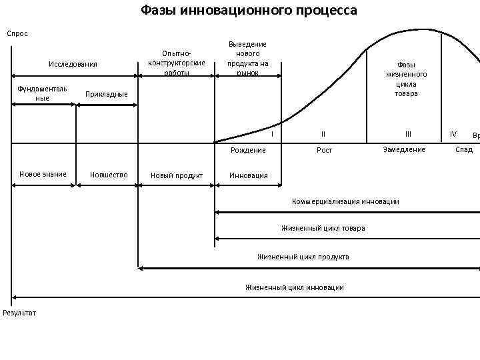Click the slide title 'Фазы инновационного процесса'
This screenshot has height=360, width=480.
pyautogui.click(x=249, y=11)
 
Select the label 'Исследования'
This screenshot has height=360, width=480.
pyautogui.click(x=73, y=64)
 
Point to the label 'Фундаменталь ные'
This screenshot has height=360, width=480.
pyautogui.click(x=43, y=93)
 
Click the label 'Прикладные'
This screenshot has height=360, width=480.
pyautogui.click(x=107, y=94)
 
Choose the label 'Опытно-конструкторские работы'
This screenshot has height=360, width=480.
pyautogui.click(x=177, y=63)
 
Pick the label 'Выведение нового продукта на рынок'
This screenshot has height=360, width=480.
pyautogui.click(x=247, y=58)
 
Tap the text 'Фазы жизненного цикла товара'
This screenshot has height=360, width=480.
pyautogui.click(x=406, y=79)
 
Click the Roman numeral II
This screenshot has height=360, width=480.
pyautogui.click(x=323, y=134)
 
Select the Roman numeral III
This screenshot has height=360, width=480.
pyautogui.click(x=408, y=134)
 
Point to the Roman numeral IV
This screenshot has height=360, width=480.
pyautogui.click(x=453, y=134)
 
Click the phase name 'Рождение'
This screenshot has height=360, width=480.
pyautogui.click(x=248, y=150)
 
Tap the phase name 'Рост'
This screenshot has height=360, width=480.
pyautogui.click(x=324, y=150)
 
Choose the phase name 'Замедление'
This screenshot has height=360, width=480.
pyautogui.click(x=404, y=149)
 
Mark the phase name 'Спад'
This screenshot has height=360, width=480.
pyautogui.click(x=464, y=149)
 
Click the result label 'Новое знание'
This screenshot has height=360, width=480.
pyautogui.click(x=43, y=174)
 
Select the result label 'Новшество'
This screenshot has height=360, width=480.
pyautogui.click(x=109, y=175)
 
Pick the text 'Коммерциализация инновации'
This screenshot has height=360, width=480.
pyautogui.click(x=345, y=201)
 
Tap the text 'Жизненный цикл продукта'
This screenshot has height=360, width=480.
pyautogui.click(x=303, y=257)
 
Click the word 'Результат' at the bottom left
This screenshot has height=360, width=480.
pyautogui.click(x=20, y=313)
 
